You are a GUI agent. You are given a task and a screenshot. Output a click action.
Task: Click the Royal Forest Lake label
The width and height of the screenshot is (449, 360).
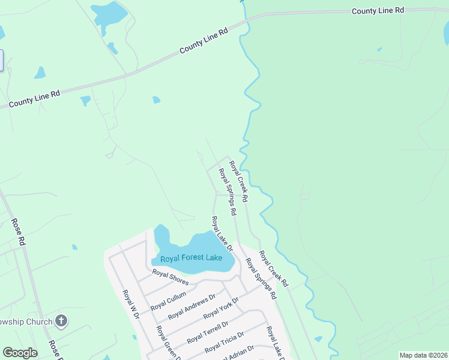[x=191, y=259]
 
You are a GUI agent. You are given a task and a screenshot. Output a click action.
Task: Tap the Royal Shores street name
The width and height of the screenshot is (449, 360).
[x=170, y=277]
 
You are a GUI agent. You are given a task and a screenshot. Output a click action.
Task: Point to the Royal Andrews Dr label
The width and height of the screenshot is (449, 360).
[x=192, y=308]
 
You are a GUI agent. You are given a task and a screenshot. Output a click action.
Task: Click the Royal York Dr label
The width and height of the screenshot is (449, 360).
[x=221, y=308]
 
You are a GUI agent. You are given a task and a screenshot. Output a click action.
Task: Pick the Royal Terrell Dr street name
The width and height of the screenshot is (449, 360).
[x=208, y=332]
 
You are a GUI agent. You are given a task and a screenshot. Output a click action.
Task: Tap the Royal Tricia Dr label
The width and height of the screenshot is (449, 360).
[x=224, y=342]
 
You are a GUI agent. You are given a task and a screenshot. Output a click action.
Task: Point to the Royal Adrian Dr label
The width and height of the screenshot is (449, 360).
[x=239, y=353]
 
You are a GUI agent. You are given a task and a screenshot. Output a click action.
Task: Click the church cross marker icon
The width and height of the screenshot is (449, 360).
[x=61, y=321]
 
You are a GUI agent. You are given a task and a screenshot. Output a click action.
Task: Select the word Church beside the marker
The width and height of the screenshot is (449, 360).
[x=41, y=322]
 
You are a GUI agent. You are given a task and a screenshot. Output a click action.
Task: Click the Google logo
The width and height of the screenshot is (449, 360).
[x=20, y=353]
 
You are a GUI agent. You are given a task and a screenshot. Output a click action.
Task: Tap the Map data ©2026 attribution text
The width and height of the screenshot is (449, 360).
[x=423, y=355]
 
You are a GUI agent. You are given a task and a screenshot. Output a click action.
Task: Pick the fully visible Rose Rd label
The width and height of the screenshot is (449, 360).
[x=18, y=232]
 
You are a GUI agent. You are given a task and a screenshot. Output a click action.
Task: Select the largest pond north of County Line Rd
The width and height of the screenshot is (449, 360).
[x=109, y=12]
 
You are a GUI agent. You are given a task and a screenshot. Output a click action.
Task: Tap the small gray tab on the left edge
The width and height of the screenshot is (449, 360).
[x=1, y=61]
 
